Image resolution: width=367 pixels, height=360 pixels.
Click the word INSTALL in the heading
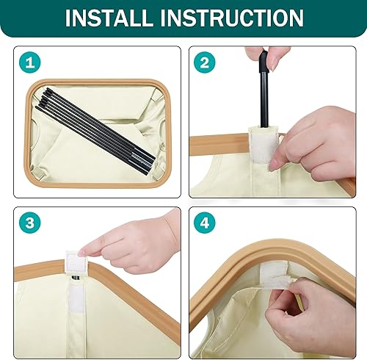107,18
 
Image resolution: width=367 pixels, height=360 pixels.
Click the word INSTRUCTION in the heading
232,18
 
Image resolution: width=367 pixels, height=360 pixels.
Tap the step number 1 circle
30,63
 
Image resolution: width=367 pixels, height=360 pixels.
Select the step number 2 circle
205,62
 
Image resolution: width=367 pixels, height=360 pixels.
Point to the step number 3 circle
30,223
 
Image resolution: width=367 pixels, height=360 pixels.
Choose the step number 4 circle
205,223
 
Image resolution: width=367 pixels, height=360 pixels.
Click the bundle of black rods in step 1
95,131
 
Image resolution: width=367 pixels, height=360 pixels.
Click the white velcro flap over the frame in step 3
76,262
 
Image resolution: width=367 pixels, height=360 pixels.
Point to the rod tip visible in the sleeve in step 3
76,278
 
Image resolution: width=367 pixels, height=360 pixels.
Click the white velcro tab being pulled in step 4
274,276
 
